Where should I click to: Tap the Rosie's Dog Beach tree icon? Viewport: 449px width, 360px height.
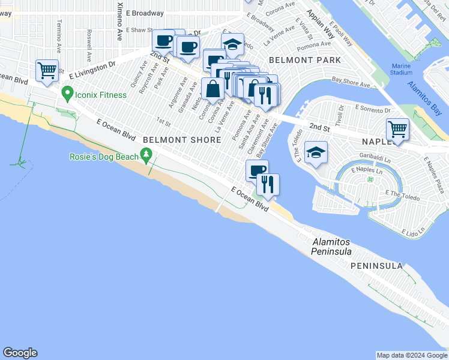click(146, 156)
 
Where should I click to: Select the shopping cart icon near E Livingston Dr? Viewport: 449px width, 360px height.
click(47, 70)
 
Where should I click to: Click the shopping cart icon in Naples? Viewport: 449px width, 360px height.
click(397, 128)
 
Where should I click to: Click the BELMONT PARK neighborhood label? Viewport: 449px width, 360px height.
click(305, 60)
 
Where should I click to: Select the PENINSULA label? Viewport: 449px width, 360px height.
click(377, 265)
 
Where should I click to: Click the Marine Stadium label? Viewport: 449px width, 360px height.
click(401, 70)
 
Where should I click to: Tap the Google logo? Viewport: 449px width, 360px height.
click(20, 353)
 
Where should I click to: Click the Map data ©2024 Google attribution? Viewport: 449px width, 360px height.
click(412, 355)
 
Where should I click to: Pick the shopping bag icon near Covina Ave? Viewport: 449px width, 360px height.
click(213, 89)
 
